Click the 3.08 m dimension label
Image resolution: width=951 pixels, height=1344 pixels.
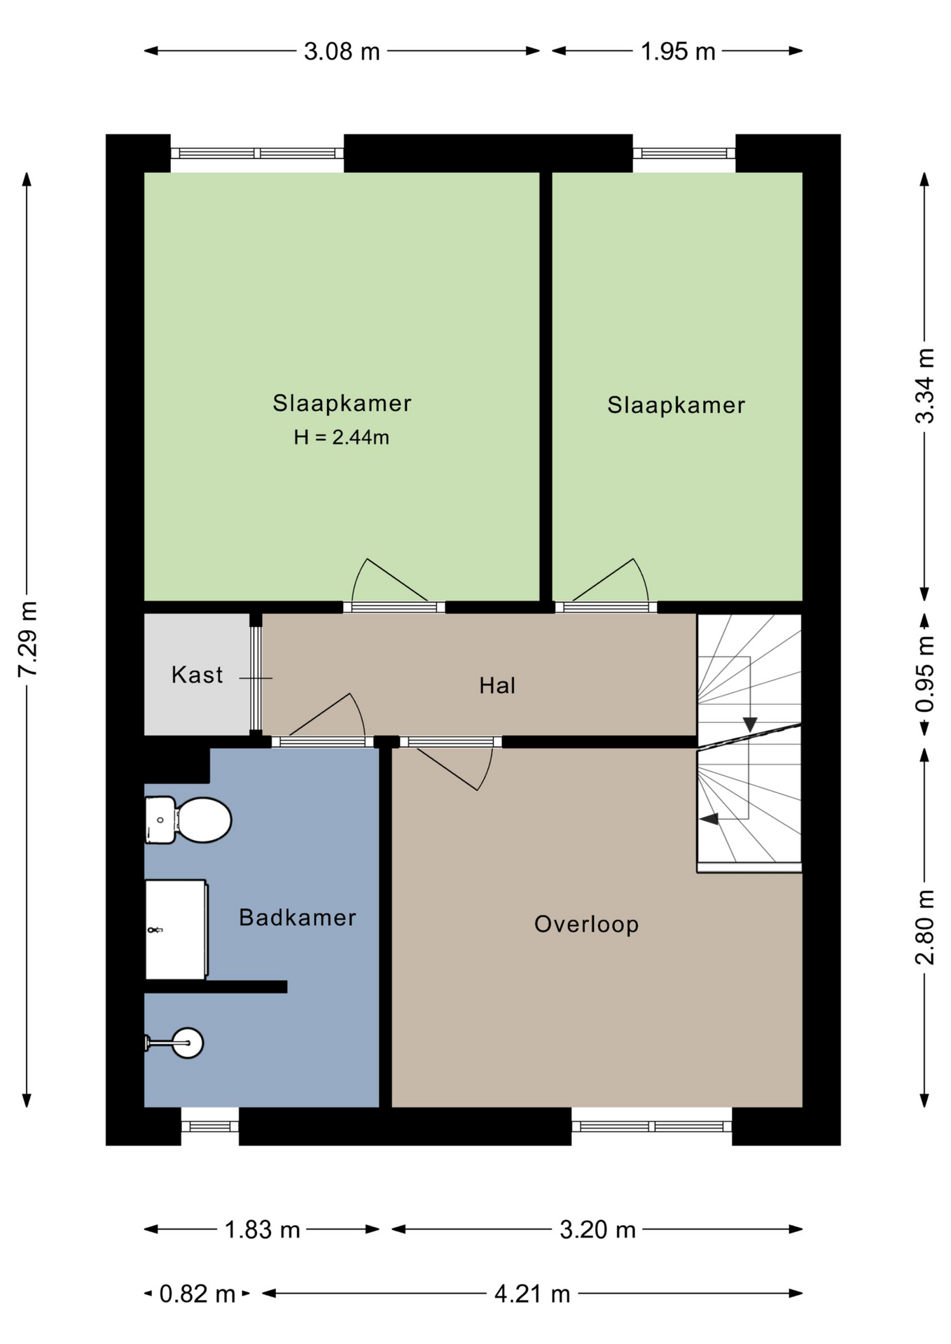tap(342, 51)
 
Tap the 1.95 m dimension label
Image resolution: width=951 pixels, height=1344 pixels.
tap(678, 51)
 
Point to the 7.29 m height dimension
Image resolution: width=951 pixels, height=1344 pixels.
tap(27, 639)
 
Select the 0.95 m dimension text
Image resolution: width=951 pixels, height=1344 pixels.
tap(925, 674)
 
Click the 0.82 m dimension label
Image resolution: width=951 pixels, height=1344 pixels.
tap(197, 1293)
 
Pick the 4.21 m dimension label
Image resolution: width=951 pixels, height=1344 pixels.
tap(532, 1293)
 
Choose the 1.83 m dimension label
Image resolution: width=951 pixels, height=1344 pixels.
tap(262, 1228)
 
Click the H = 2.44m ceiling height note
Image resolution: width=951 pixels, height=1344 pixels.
tap(341, 437)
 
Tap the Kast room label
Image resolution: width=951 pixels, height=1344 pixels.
tap(197, 675)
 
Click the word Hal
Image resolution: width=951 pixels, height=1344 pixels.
tap(497, 685)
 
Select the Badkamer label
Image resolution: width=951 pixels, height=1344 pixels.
tap(298, 917)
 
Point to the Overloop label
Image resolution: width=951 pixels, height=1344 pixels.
tap(586, 924)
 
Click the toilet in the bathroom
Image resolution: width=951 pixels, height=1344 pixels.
tap(188, 820)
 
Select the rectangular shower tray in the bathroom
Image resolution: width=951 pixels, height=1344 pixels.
tap(176, 930)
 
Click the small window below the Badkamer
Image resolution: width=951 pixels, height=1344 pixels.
tap(210, 1126)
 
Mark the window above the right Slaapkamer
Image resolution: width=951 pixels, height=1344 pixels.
tap(684, 153)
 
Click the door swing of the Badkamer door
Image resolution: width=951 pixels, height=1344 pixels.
tap(324, 716)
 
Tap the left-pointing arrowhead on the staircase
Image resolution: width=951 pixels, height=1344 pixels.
tap(709, 818)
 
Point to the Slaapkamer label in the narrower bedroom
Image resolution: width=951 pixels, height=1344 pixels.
tap(676, 405)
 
